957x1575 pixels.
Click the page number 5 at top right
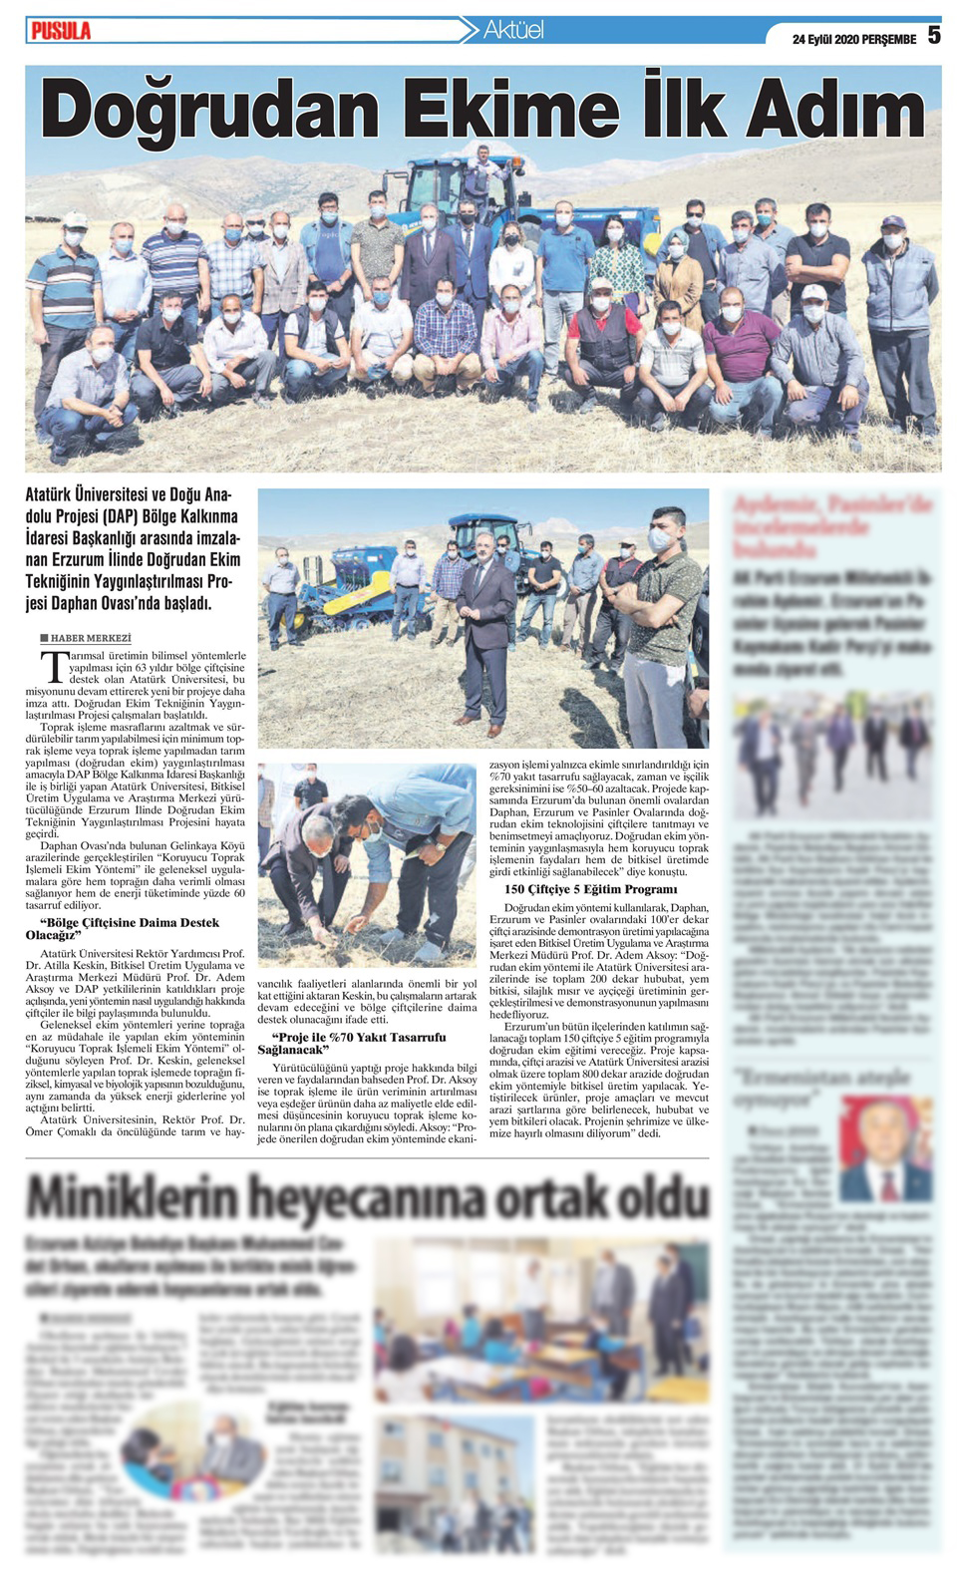[933, 35]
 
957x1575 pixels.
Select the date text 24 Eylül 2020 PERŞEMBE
[853, 40]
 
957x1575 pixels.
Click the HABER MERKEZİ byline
[90, 638]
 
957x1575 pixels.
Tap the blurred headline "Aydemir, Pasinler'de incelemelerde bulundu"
[832, 528]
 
